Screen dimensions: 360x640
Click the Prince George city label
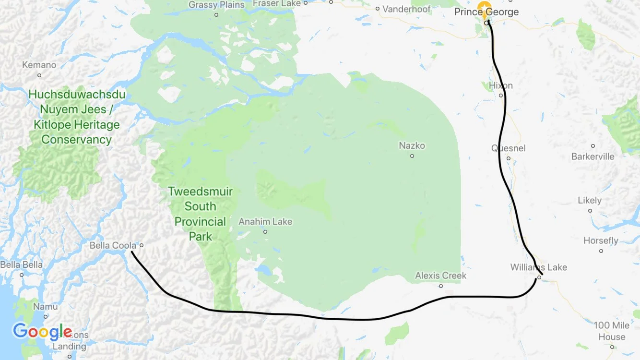486,12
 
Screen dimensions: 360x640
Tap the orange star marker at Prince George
484,7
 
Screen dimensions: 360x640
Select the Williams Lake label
538,267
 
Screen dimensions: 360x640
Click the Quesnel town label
508,148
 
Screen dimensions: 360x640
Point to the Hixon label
500,85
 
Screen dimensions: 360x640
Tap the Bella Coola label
113,245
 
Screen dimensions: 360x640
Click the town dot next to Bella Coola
142,245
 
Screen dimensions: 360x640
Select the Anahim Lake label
265,222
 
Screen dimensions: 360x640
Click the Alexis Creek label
440,276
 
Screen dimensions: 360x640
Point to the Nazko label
412,145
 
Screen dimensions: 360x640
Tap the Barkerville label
593,156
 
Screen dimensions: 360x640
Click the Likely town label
590,200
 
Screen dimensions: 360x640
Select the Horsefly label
601,240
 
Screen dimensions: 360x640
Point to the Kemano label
39,65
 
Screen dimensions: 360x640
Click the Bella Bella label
21,264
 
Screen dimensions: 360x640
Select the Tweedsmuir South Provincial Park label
201,214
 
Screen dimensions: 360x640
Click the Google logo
42,331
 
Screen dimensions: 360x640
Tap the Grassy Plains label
216,5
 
